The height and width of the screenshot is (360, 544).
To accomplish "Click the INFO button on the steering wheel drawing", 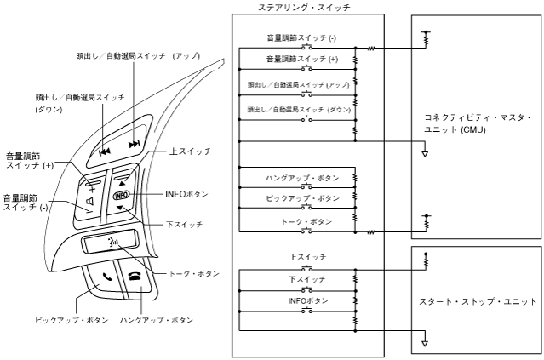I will tap(121, 195).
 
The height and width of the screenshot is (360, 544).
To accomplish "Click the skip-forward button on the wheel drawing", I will tap(134, 145).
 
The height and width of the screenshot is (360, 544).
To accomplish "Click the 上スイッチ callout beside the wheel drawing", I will tap(191, 151).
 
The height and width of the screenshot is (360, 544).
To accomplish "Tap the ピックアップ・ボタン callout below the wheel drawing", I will tap(72, 321).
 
